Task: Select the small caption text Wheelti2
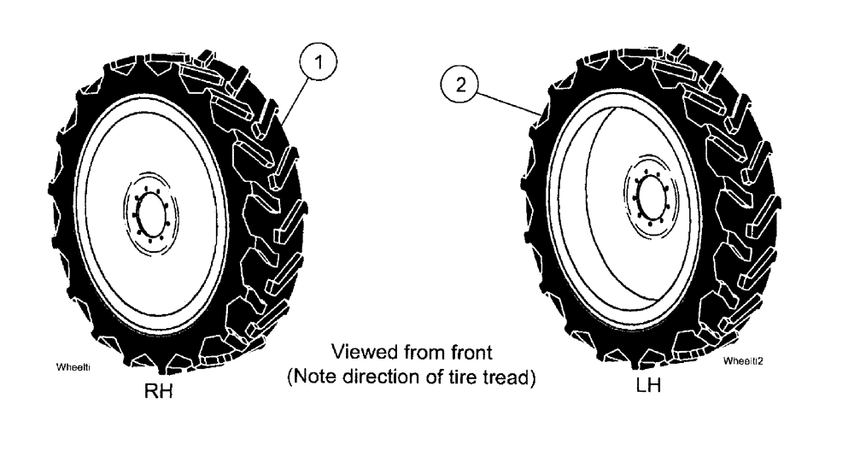742,361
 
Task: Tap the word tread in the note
509,377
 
